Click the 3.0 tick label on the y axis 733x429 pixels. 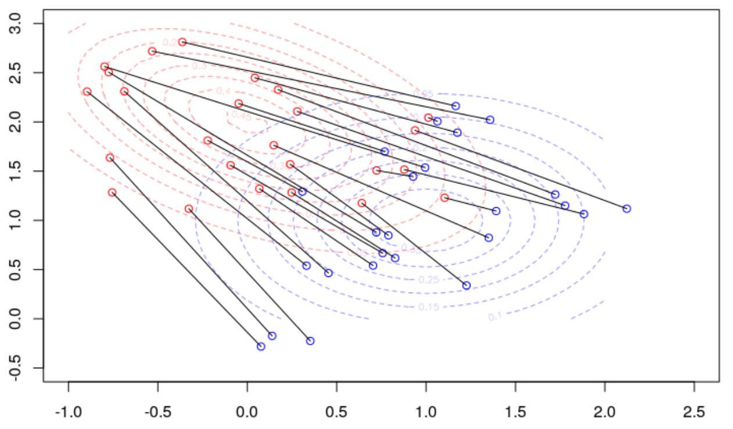click(22, 24)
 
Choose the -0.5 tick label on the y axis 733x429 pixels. click(22, 367)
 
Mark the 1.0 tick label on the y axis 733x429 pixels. click(22, 221)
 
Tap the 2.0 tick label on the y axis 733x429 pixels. click(22, 122)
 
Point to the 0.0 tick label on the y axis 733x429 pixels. click(22, 319)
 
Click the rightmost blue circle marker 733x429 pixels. click(627, 208)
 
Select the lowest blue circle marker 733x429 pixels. click(261, 347)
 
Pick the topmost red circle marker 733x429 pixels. click(182, 42)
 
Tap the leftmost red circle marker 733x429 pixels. click(87, 92)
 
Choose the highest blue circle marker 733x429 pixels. click(455, 106)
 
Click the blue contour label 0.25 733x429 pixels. click(429, 280)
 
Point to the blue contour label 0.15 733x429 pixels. click(429, 307)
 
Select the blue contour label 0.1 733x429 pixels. click(495, 317)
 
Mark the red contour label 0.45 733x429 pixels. click(241, 115)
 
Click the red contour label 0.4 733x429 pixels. click(223, 91)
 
